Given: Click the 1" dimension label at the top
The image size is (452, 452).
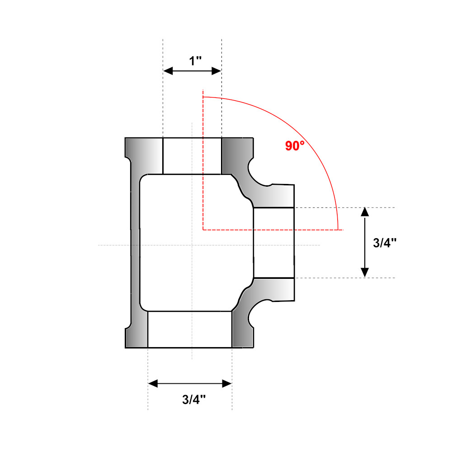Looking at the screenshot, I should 195,60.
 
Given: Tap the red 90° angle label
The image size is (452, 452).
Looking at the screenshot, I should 295,146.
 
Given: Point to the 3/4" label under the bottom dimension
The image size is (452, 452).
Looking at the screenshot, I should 194,399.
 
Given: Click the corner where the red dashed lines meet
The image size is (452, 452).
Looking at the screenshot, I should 203,230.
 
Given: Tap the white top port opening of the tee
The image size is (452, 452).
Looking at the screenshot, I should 192,156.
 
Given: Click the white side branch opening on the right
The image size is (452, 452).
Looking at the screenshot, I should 274,242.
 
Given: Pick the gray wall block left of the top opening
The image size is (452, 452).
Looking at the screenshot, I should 144,154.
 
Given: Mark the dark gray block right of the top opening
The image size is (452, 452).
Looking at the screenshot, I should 236,154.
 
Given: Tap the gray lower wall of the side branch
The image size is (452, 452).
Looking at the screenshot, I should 276,289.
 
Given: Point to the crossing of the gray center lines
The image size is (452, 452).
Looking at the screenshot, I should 193,245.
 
